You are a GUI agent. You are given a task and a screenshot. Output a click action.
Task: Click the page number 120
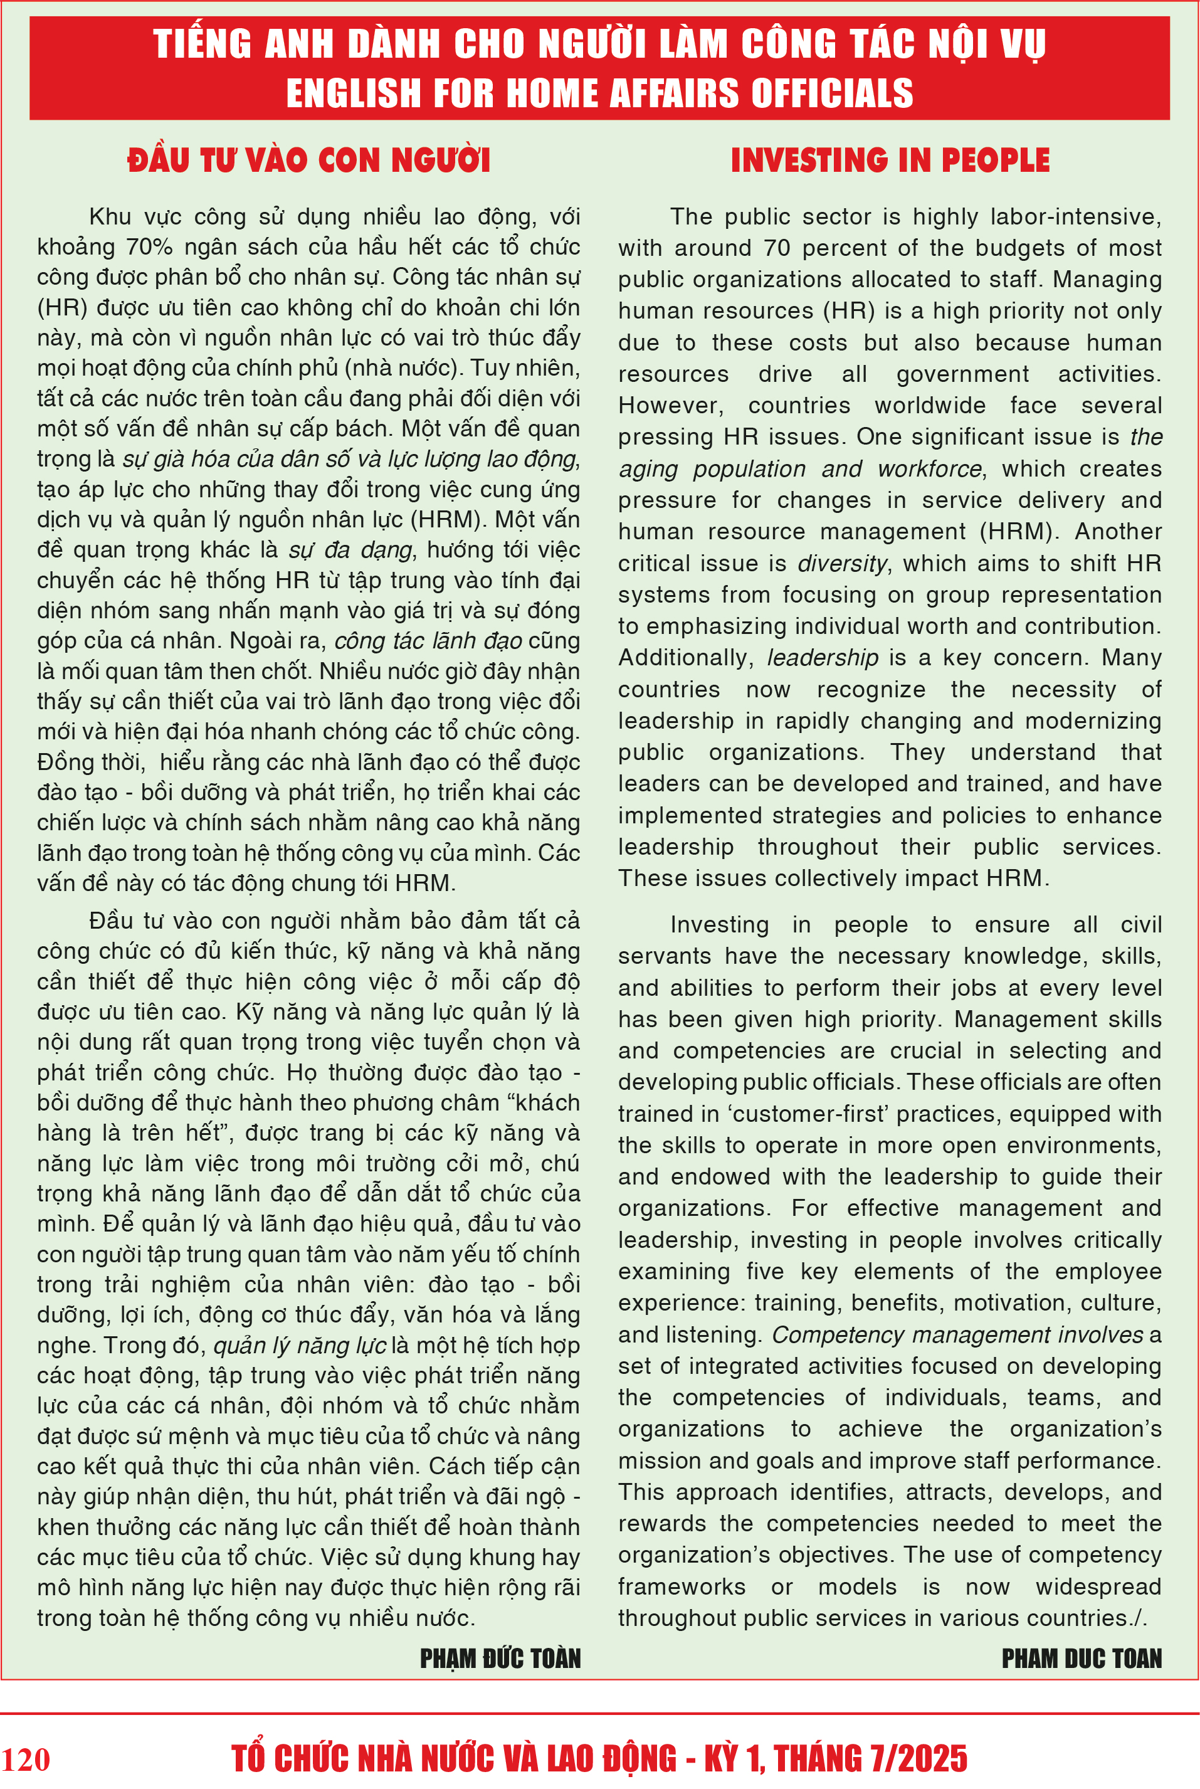click(x=26, y=1759)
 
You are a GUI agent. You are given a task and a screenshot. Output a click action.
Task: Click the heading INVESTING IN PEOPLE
click(x=890, y=160)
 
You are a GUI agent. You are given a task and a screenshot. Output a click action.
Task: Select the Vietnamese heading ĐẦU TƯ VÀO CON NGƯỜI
click(x=308, y=160)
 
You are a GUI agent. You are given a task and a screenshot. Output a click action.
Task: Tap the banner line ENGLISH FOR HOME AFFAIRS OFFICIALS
click(x=599, y=93)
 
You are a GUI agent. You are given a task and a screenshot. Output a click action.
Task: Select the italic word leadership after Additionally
click(x=823, y=658)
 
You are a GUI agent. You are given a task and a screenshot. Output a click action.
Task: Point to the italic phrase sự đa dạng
click(x=350, y=550)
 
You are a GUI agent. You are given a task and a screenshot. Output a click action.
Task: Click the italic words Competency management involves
click(x=957, y=1334)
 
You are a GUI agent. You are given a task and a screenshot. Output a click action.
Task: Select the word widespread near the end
click(x=1098, y=1587)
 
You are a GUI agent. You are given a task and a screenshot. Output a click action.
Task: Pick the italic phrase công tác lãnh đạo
click(x=429, y=641)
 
